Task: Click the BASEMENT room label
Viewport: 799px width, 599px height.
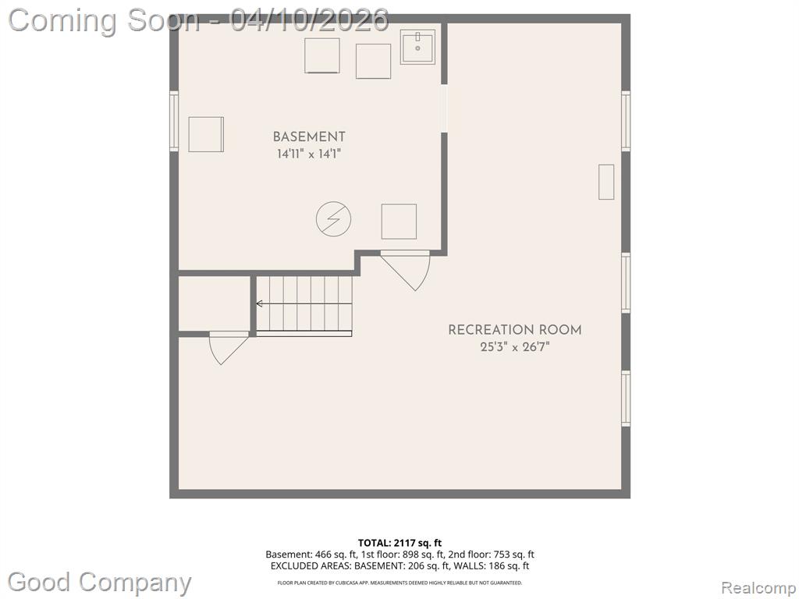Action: tap(309, 136)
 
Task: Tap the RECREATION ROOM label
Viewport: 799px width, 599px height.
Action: tap(515, 330)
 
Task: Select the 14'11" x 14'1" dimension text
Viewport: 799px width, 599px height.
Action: tap(309, 154)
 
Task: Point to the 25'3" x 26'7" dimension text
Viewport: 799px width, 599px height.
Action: tap(515, 347)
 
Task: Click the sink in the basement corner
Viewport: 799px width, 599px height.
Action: tap(417, 47)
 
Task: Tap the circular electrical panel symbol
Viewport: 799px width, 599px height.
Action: tap(333, 219)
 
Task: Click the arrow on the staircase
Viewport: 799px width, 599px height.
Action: tap(304, 304)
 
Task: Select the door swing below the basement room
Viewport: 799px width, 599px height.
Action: tap(406, 271)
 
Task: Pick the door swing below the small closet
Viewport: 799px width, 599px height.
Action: tap(229, 348)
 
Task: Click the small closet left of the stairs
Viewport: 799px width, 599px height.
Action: tap(214, 303)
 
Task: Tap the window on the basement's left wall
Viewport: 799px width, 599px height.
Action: tap(174, 121)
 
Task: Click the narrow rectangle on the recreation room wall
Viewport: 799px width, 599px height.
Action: tap(605, 182)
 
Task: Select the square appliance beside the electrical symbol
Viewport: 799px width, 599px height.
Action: tap(399, 222)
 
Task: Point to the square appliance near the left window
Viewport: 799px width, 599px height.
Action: tap(206, 134)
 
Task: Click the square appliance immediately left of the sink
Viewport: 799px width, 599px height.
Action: tap(374, 61)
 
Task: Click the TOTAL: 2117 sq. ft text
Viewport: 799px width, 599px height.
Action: tap(399, 543)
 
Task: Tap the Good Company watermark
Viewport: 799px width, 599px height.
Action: tap(99, 583)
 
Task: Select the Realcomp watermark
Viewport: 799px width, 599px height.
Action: tap(758, 588)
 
